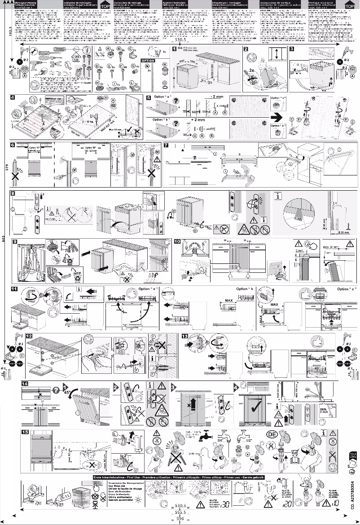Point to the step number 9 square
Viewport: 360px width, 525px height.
click(14, 241)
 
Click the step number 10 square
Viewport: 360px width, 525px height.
click(177, 241)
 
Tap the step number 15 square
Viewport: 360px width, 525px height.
click(25, 432)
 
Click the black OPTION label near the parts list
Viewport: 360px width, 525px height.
click(148, 61)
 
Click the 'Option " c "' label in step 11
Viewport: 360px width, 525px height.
click(346, 289)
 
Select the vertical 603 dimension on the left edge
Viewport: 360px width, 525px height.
click(4, 238)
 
